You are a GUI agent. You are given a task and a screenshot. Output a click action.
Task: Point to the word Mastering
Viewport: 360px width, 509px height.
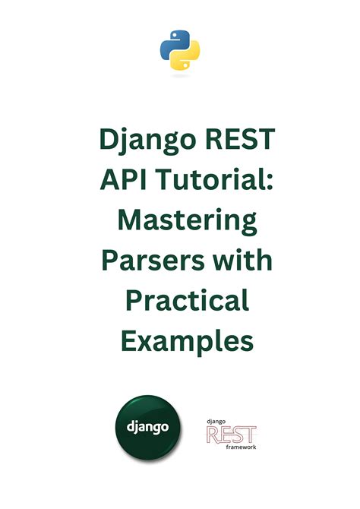coord(180,222)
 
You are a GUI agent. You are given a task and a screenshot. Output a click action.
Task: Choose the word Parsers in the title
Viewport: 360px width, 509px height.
coord(146,261)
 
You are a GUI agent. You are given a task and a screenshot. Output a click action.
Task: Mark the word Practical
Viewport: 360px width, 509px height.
coord(180,302)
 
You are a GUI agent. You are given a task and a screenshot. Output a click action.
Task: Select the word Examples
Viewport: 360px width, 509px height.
coord(180,341)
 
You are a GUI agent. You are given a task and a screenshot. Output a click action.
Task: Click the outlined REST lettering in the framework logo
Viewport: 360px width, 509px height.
coord(231,435)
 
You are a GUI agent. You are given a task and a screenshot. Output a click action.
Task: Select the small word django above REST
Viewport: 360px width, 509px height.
coord(216,420)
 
